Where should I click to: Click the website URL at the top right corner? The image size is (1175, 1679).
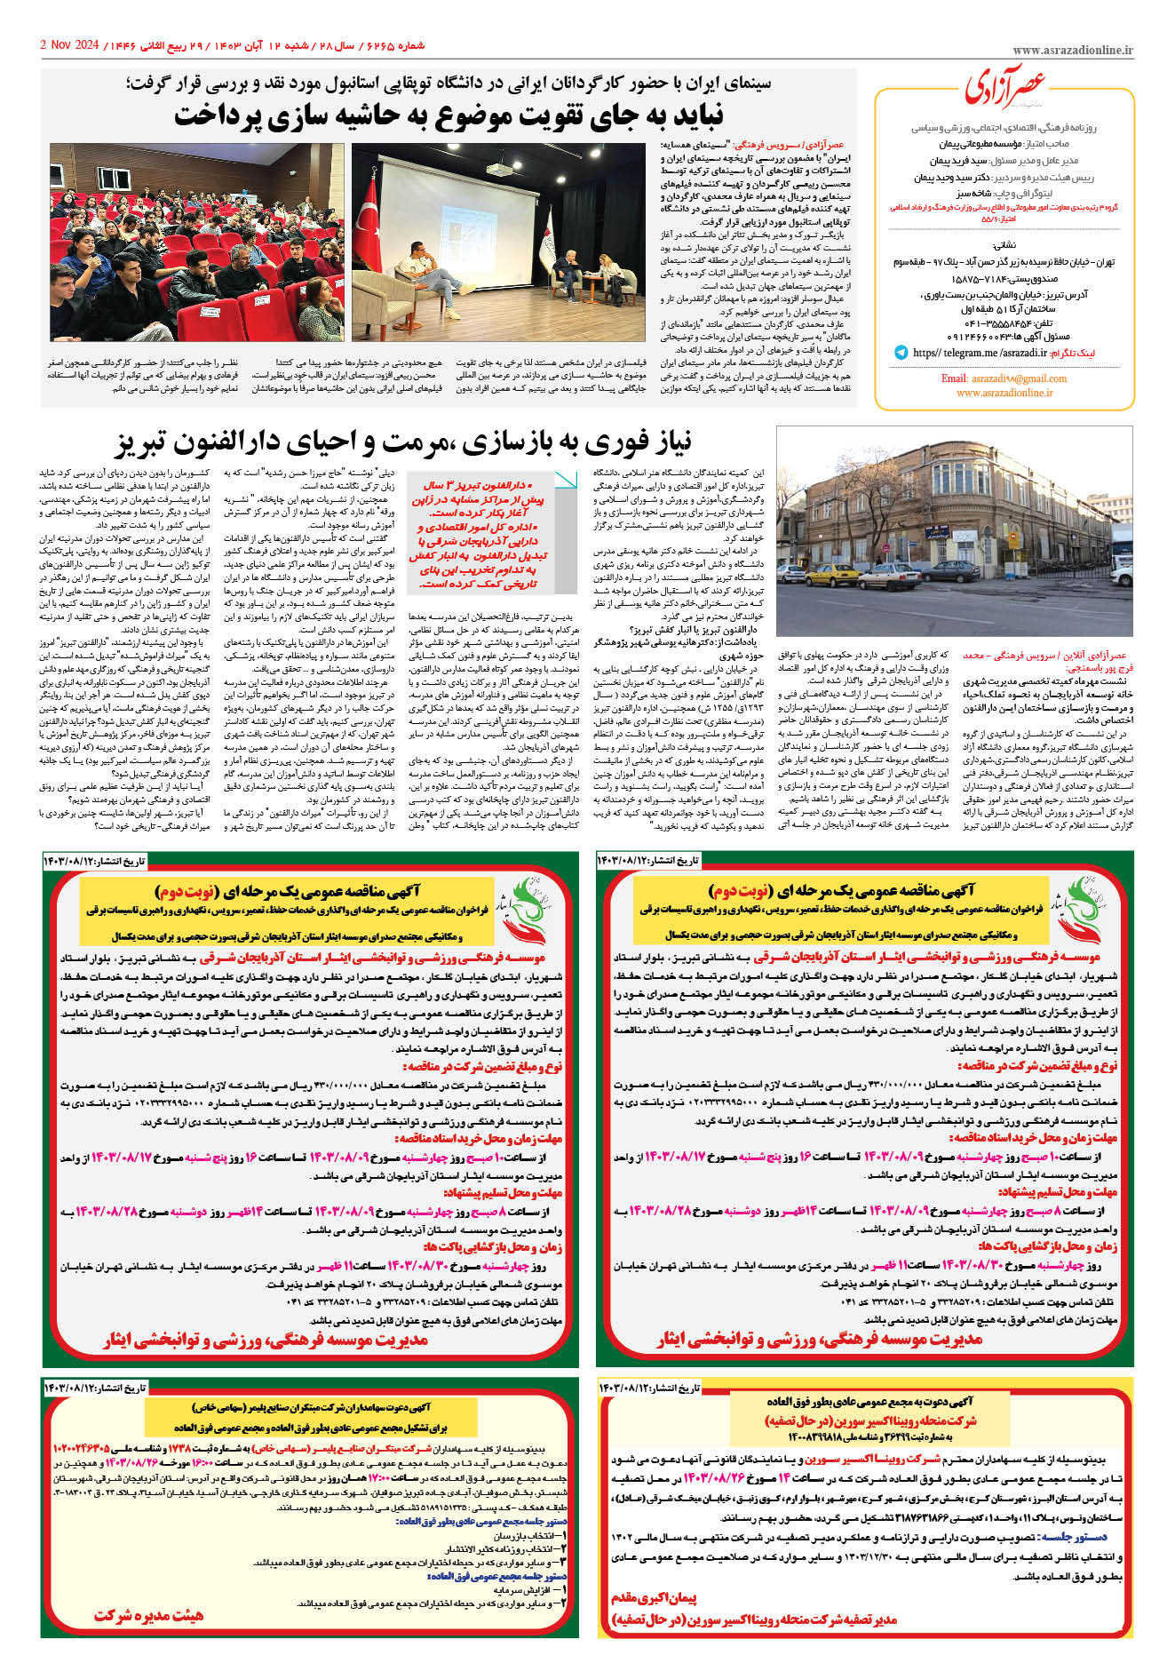(x=1072, y=51)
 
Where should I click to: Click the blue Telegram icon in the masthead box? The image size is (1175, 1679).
(x=901, y=353)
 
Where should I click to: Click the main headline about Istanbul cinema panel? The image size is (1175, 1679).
(x=449, y=115)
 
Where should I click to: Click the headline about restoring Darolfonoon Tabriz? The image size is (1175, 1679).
(x=403, y=442)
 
